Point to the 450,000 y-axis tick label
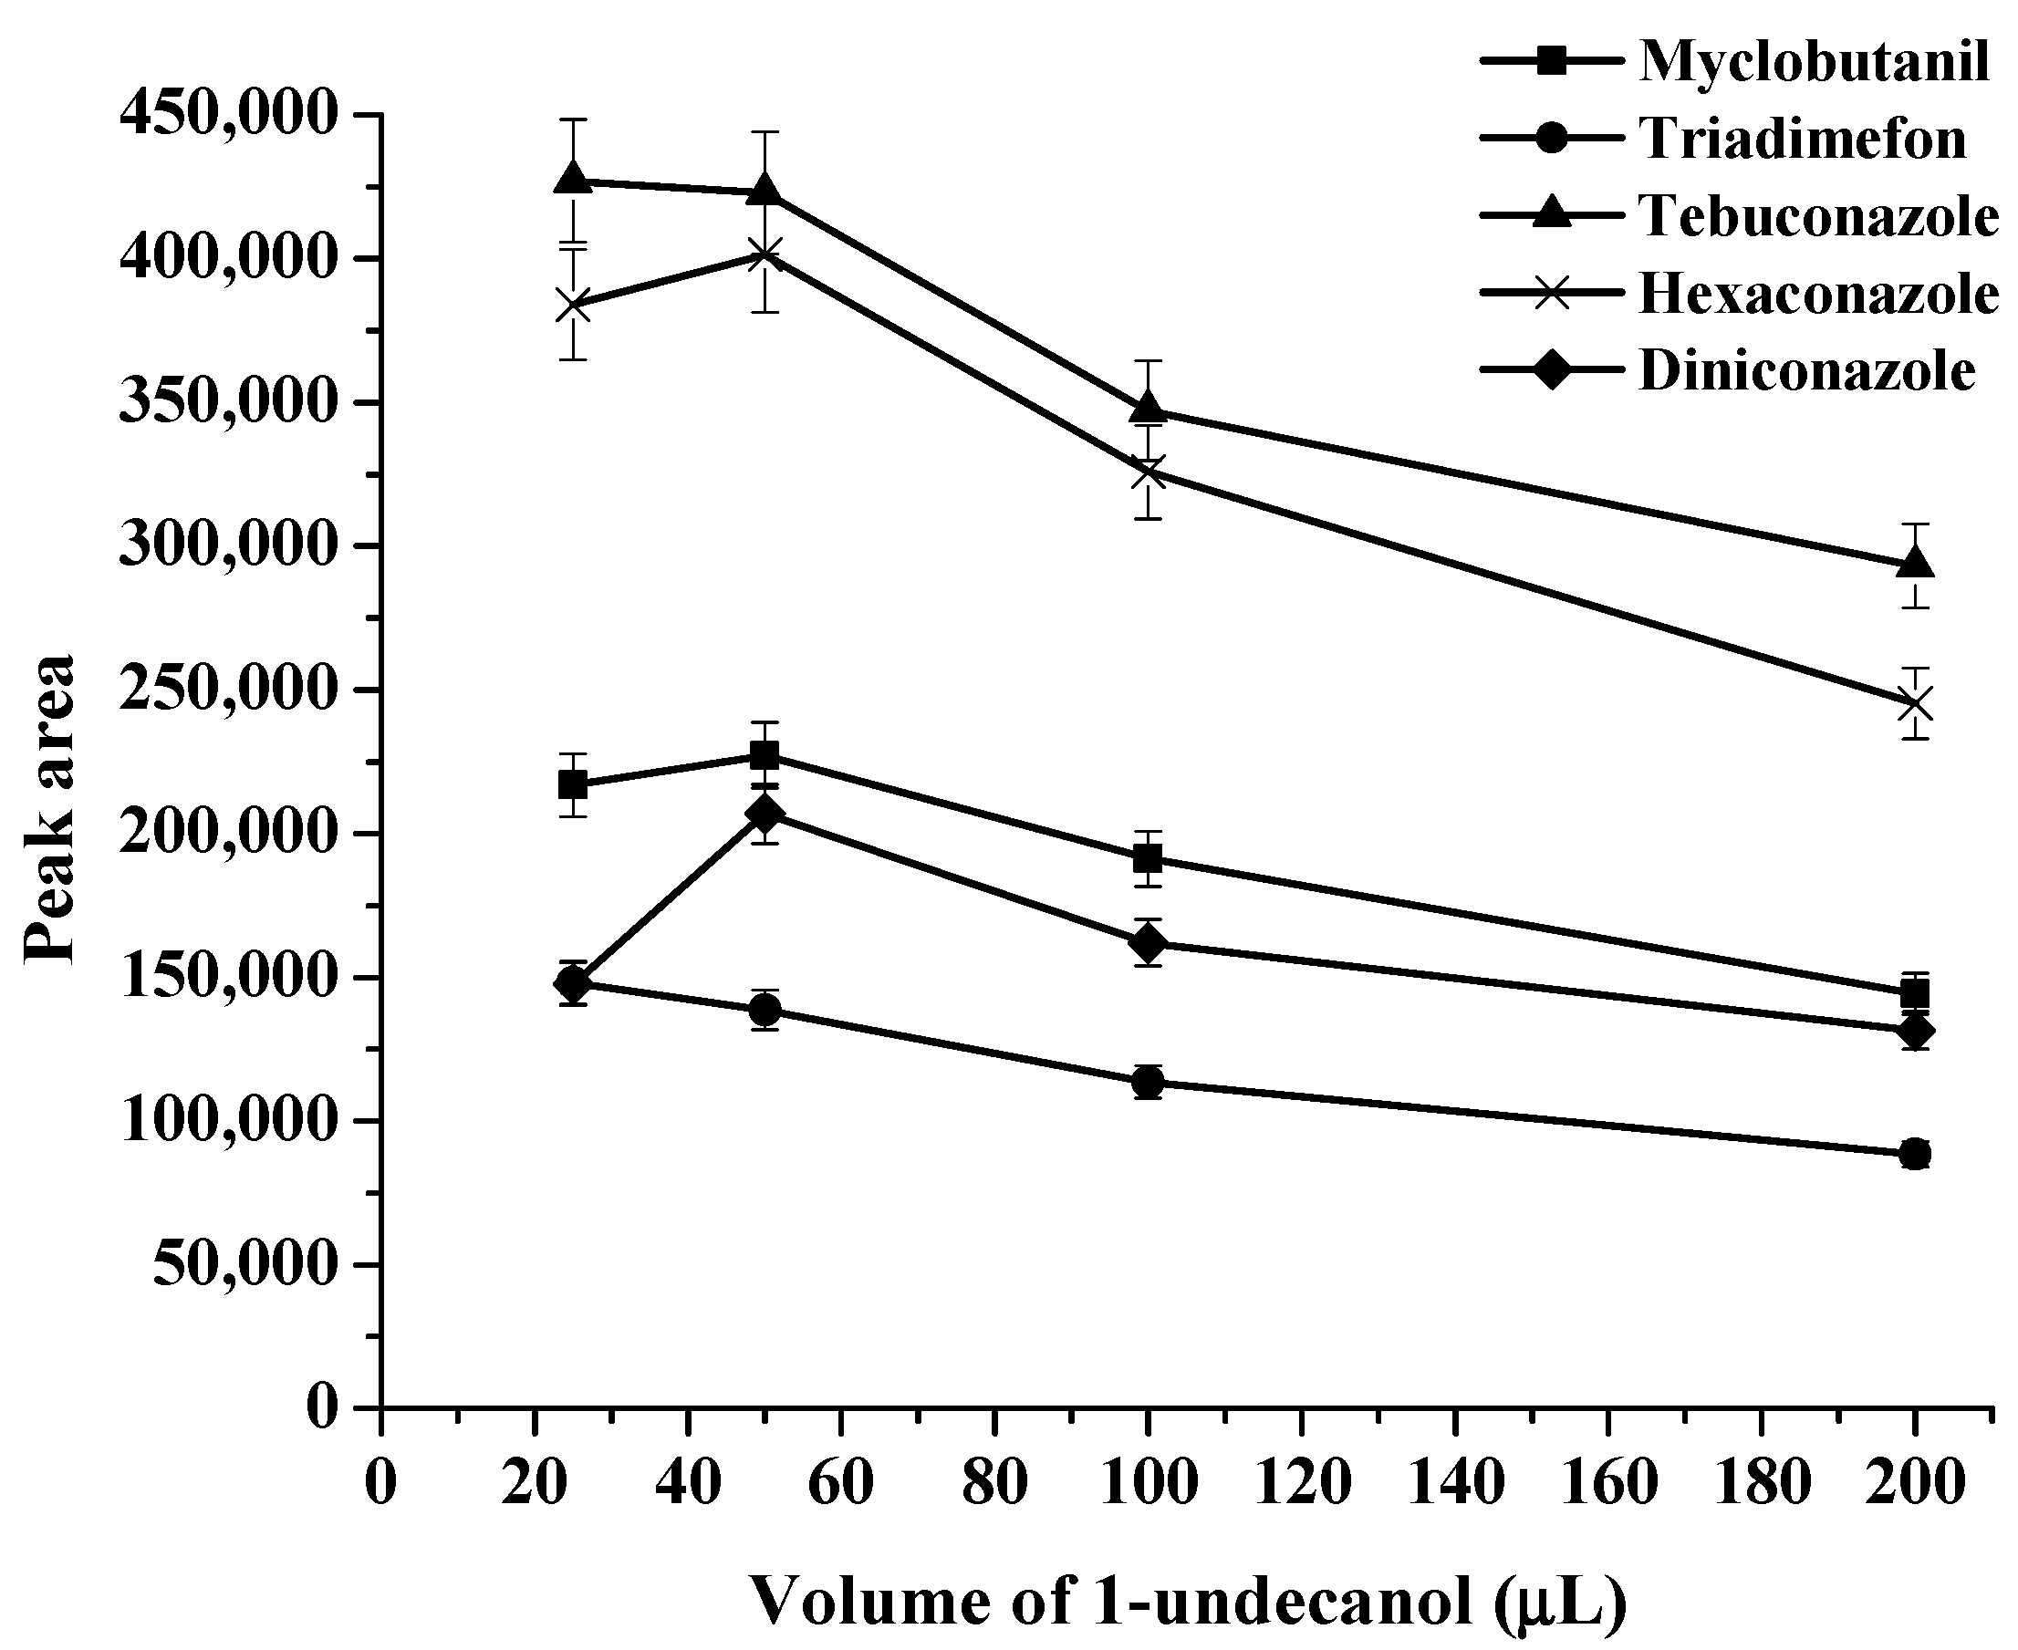(x=228, y=115)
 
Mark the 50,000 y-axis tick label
(x=245, y=1265)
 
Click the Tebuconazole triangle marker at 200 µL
(x=1915, y=564)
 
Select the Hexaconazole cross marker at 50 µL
(x=765, y=254)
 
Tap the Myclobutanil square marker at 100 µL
(x=1149, y=859)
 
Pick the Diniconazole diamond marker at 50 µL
(x=765, y=814)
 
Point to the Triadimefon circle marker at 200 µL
(x=1915, y=1155)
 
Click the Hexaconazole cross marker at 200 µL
(x=1915, y=704)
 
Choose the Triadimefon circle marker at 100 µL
(x=1149, y=1082)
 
